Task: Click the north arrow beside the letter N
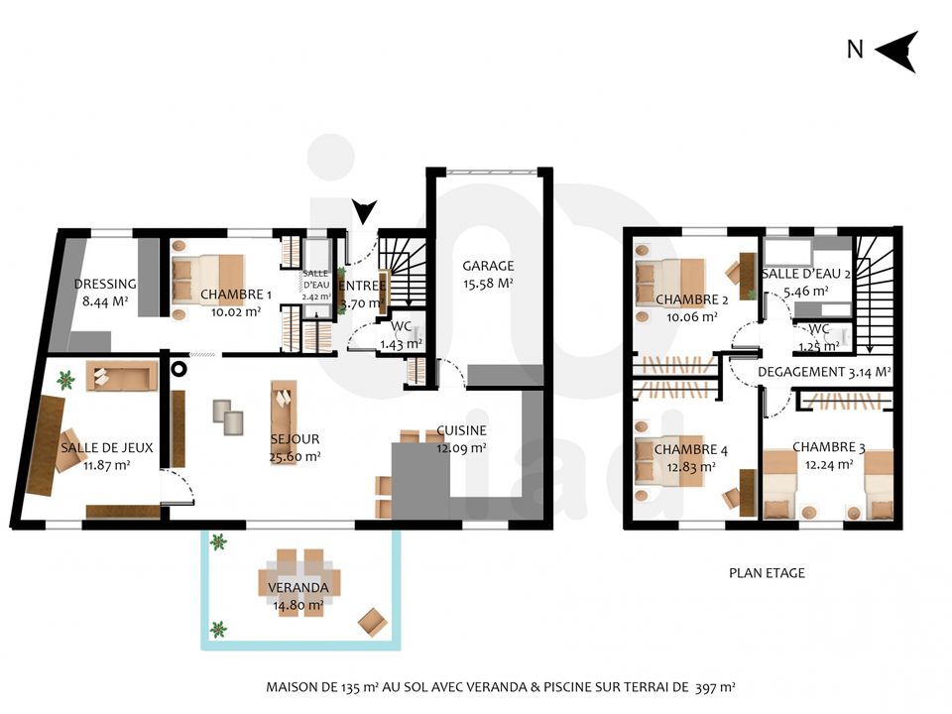coord(896,52)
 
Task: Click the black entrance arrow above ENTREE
coord(365,212)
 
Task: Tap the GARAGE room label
coord(488,266)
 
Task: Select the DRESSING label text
coord(105,284)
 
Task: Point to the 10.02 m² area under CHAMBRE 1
coord(236,312)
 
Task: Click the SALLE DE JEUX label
coord(107,448)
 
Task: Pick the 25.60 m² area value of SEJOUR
coord(296,456)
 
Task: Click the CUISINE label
coord(461,430)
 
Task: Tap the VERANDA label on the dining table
coord(298,588)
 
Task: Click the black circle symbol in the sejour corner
coord(178,368)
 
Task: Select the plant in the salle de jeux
coord(65,380)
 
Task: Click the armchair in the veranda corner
coord(373,623)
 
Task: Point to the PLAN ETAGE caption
coord(767,573)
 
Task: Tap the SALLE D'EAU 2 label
coord(805,274)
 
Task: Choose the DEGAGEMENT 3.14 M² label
coord(824,372)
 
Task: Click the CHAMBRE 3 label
coord(829,447)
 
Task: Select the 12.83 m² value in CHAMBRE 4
coord(691,467)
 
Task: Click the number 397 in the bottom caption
coord(705,687)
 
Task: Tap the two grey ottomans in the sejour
coord(228,417)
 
